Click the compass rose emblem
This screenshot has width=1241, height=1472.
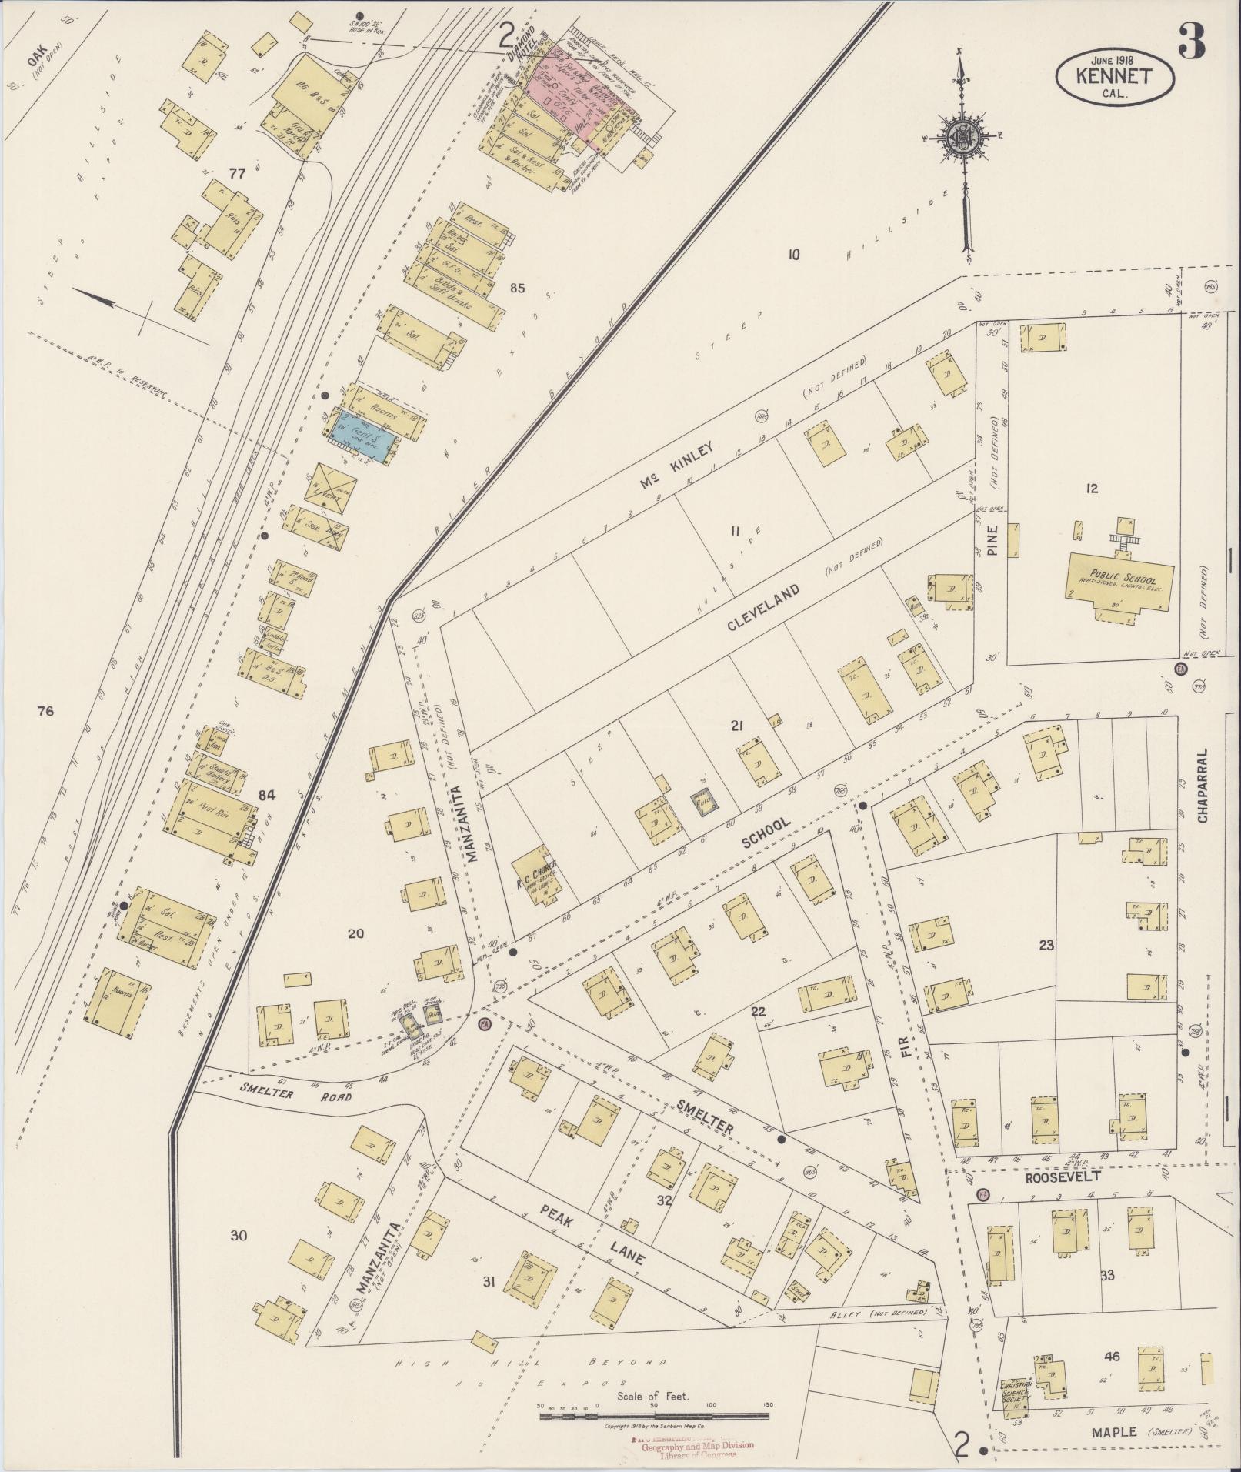(960, 138)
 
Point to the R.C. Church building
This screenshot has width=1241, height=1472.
(537, 875)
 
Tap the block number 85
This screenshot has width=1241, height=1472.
(516, 289)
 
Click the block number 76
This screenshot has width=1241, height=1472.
(45, 711)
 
